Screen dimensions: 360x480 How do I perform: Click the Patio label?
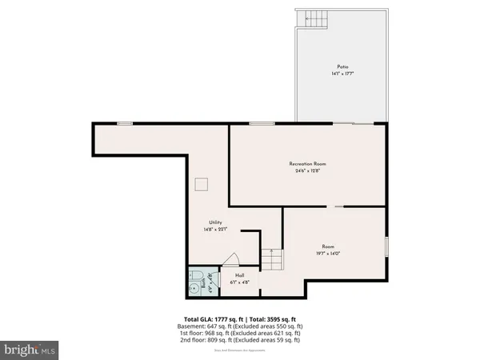tap(342, 66)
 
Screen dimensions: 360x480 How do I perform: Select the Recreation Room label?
tap(308, 163)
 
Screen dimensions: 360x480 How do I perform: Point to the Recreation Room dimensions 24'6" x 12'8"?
tap(308, 170)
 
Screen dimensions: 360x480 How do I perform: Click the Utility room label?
tap(215, 222)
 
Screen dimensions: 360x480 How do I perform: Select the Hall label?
tap(239, 274)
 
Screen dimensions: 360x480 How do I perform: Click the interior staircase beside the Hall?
tap(272, 260)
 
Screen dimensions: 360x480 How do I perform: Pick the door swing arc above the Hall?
tap(230, 258)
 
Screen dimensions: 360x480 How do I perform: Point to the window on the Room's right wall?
tap(387, 246)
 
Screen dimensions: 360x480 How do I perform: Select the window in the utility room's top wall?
tap(125, 123)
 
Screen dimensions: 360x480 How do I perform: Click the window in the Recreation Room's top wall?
tap(261, 123)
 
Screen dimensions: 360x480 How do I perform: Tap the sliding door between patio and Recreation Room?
tap(354, 123)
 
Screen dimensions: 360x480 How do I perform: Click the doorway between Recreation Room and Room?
tap(339, 206)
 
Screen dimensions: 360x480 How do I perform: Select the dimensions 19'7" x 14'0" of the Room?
tap(328, 254)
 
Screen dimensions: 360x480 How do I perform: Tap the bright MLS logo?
tap(30, 350)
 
